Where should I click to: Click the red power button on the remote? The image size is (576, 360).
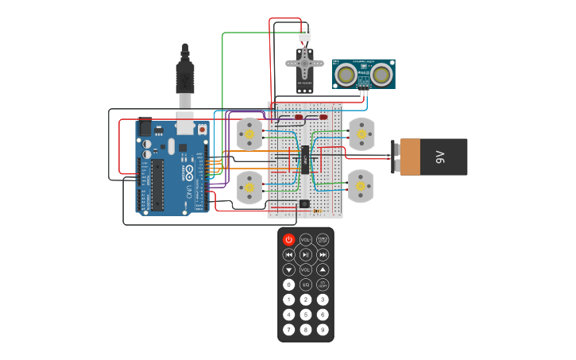(x=288, y=239)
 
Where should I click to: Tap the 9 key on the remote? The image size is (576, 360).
(x=323, y=329)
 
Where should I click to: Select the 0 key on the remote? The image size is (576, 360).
(x=288, y=285)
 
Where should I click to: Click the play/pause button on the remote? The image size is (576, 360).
(x=306, y=254)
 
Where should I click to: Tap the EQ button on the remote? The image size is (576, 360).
(x=306, y=285)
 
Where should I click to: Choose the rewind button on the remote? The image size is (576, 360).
(x=288, y=254)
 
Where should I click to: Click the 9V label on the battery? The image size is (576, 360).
(x=440, y=157)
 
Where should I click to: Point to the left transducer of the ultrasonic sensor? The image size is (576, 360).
(x=346, y=74)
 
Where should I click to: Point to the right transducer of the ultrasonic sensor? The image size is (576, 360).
(x=381, y=74)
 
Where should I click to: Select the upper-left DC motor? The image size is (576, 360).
(x=249, y=134)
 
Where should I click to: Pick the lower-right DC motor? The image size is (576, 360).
(x=361, y=186)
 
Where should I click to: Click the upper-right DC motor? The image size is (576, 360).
(x=361, y=134)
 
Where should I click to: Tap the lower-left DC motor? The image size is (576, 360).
(x=249, y=188)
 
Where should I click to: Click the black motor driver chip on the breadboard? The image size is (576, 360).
(x=305, y=158)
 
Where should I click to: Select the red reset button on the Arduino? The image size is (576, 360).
(x=202, y=129)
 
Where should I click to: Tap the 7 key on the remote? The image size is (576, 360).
(x=288, y=329)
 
